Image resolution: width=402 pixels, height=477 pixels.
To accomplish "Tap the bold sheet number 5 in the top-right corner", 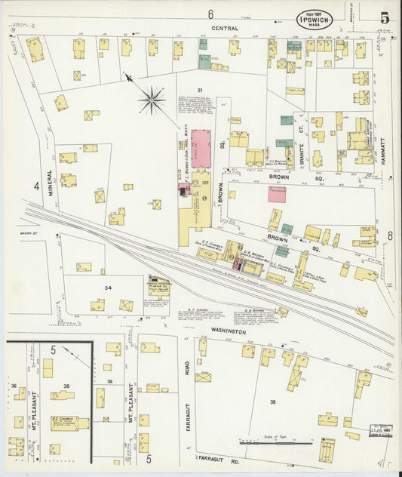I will [x=385, y=17].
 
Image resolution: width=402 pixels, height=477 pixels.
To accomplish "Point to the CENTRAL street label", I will [x=225, y=29].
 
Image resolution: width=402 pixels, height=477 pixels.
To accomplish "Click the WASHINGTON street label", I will [x=228, y=331].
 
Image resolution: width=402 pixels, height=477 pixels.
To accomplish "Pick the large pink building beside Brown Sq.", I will [x=201, y=148].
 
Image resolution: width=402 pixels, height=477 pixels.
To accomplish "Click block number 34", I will [x=108, y=288].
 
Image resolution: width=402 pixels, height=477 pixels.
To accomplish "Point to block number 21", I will [x=180, y=90].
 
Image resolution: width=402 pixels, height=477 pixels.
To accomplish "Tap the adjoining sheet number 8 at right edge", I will [x=390, y=236].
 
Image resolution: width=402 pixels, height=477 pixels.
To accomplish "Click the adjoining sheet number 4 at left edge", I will [x=35, y=185].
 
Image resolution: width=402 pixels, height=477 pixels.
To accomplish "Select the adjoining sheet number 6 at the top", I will [x=210, y=14].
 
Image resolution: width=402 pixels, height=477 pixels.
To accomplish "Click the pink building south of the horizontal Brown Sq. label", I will [x=277, y=194].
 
